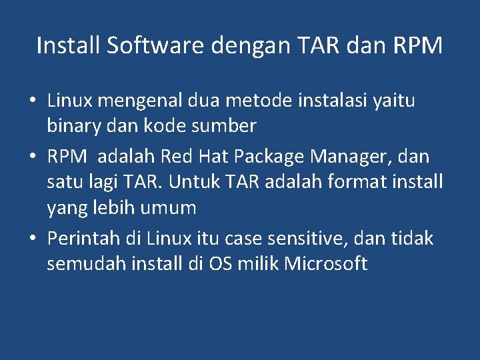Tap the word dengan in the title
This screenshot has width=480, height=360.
[x=250, y=47]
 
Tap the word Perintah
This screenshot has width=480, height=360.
[x=84, y=238]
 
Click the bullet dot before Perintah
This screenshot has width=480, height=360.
[x=32, y=239]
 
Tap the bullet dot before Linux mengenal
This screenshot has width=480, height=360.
[x=32, y=101]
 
